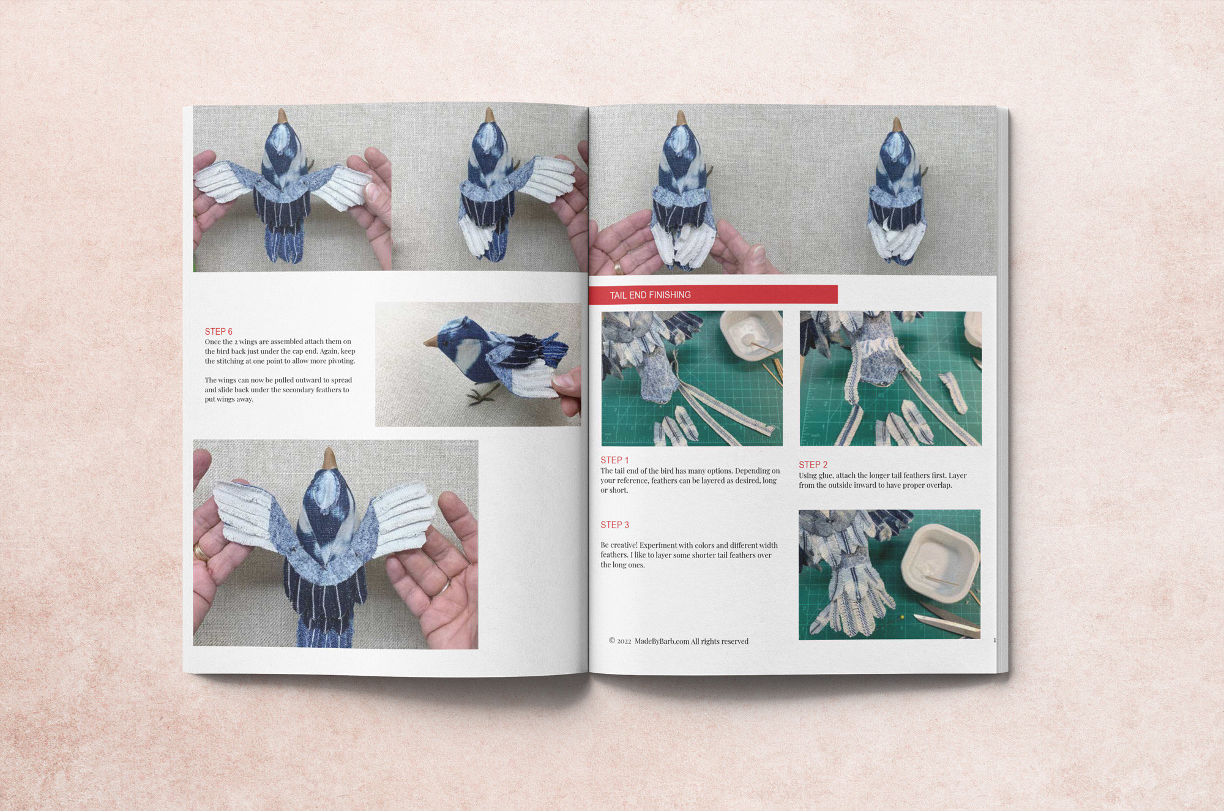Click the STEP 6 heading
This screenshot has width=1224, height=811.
coord(218,331)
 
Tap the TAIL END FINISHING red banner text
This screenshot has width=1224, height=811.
coord(650,295)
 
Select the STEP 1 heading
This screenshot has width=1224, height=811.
coord(614,460)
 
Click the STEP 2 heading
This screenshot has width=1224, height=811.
coord(813,465)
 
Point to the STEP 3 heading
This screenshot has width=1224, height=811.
coord(614,525)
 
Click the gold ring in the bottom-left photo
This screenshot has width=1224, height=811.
coord(200,551)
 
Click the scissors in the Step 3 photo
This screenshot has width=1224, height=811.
coord(946,618)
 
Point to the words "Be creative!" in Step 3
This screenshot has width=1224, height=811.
coord(619,545)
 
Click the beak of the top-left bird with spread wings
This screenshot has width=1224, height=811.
coord(282,116)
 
